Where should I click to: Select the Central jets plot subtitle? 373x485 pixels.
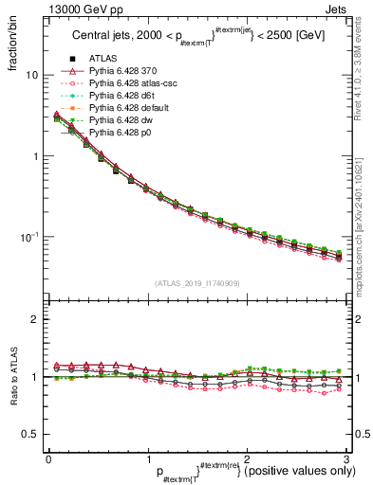195,37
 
